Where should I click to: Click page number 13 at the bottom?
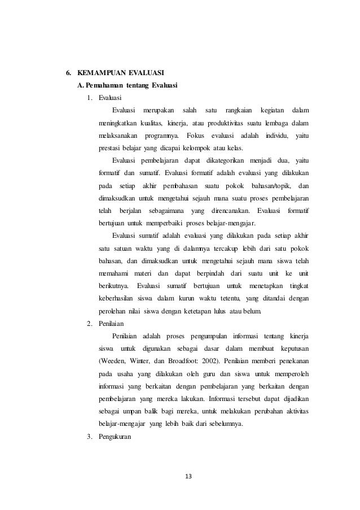[x=188, y=476]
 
